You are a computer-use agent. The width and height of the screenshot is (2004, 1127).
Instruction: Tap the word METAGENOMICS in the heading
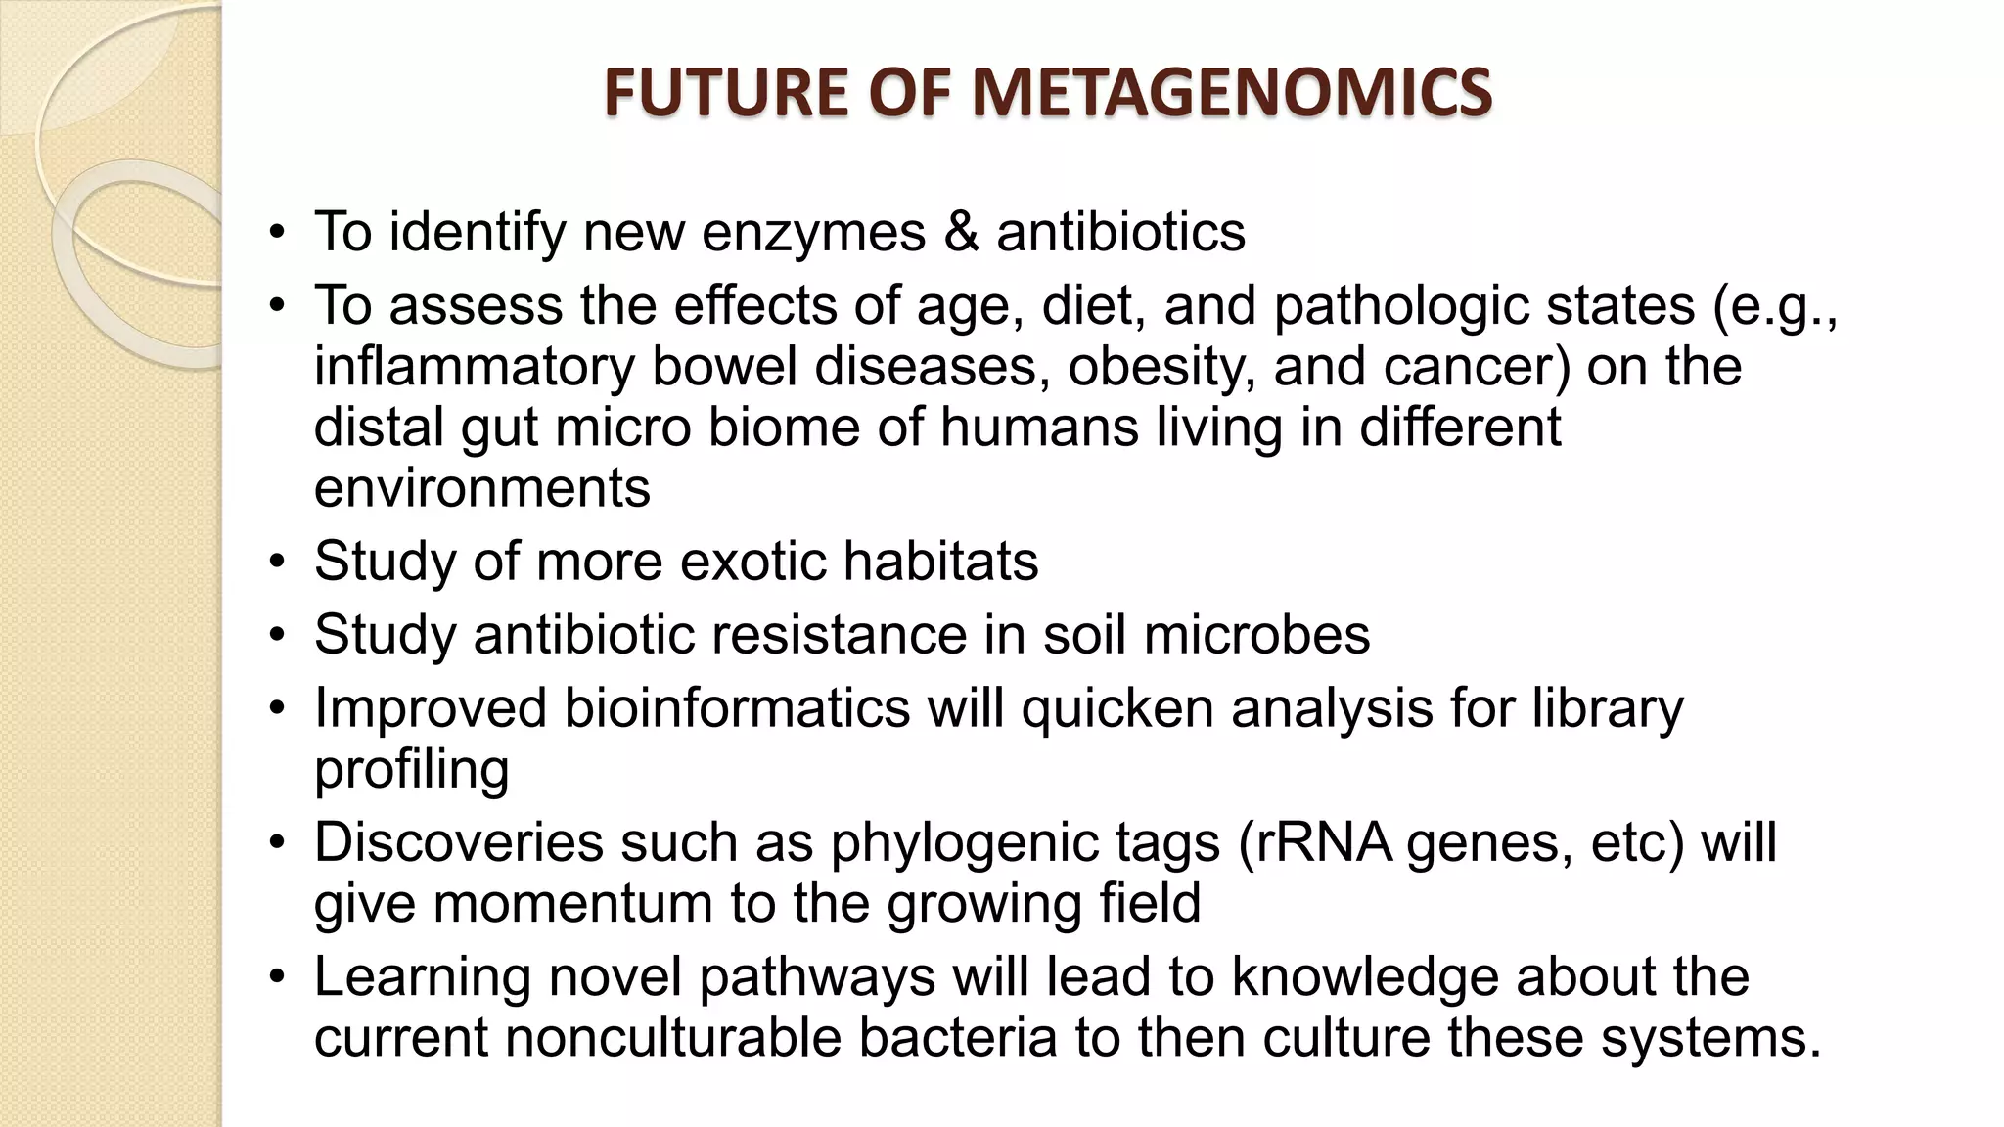point(1233,93)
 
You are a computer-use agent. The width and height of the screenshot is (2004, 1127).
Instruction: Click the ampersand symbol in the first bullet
point(962,233)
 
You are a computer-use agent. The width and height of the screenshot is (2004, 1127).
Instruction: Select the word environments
point(481,488)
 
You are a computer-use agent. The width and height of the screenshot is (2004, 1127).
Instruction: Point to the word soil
point(1084,635)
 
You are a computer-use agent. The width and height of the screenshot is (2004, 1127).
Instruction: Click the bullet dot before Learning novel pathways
point(278,977)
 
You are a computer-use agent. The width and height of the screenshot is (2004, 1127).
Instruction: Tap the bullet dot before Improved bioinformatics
point(278,708)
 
